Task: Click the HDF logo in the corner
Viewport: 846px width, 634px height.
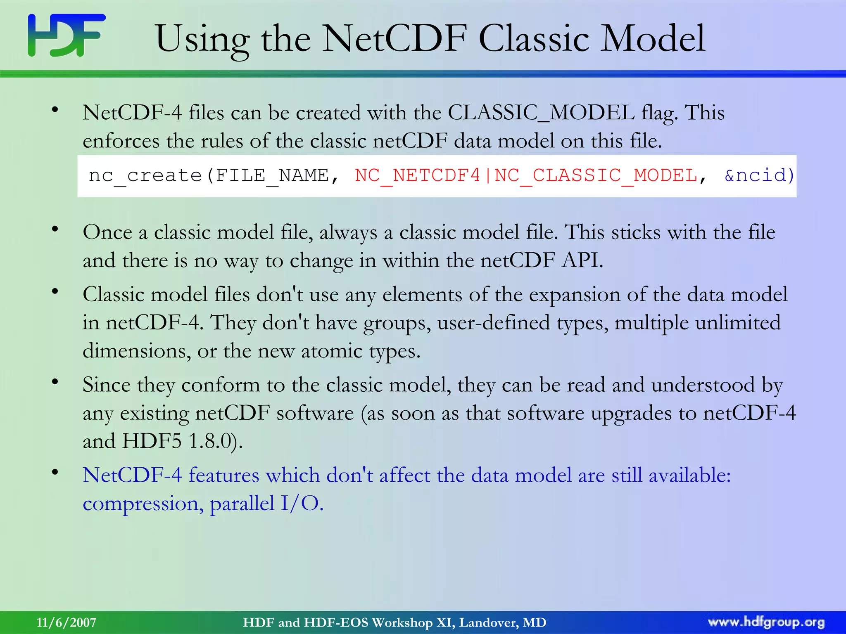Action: point(67,35)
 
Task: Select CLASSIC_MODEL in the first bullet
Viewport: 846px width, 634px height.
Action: point(541,113)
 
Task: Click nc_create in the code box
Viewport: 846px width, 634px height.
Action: point(145,176)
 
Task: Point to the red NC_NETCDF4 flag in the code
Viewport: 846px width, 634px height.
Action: point(417,176)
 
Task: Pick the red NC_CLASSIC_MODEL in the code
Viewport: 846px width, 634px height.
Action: point(596,176)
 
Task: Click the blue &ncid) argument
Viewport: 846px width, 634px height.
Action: point(759,176)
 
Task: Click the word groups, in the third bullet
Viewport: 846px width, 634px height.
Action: point(397,323)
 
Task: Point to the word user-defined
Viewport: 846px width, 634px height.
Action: point(493,323)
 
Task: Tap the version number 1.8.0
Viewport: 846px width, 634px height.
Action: point(210,441)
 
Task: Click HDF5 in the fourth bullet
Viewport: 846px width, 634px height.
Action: point(152,441)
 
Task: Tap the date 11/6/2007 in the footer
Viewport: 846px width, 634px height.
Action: point(66,622)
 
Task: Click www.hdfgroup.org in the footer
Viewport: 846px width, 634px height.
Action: point(766,622)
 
